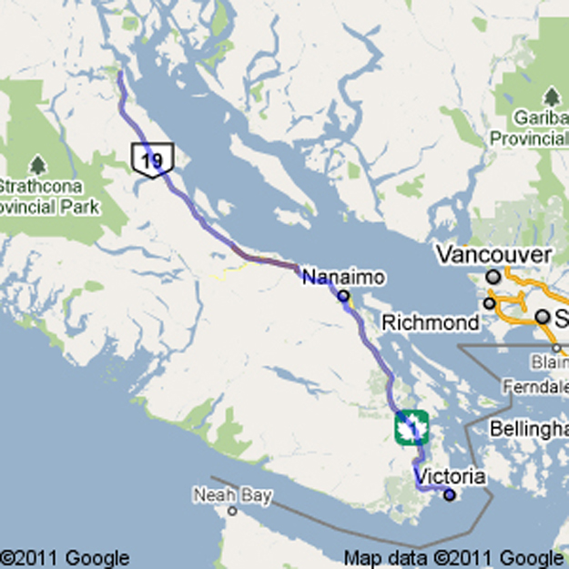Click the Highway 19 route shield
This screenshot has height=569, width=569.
point(152,160)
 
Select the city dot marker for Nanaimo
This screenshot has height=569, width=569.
point(343,296)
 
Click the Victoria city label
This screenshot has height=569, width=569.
point(450,476)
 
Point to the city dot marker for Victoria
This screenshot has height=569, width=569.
point(449,494)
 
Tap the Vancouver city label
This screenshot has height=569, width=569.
point(493,254)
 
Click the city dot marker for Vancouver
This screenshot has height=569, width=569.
point(493,275)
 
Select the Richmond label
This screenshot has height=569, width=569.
point(431,322)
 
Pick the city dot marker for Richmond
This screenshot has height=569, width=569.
point(490,303)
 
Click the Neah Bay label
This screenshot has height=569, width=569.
point(232,495)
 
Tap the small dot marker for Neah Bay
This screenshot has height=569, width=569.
point(232,511)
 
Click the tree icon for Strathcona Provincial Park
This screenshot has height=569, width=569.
point(37,165)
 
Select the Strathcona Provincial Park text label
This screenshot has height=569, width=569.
point(49,198)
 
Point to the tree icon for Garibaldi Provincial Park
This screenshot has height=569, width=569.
point(551,97)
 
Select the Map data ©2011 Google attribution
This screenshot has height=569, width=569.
point(453,558)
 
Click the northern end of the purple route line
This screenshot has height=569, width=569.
point(119,74)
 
